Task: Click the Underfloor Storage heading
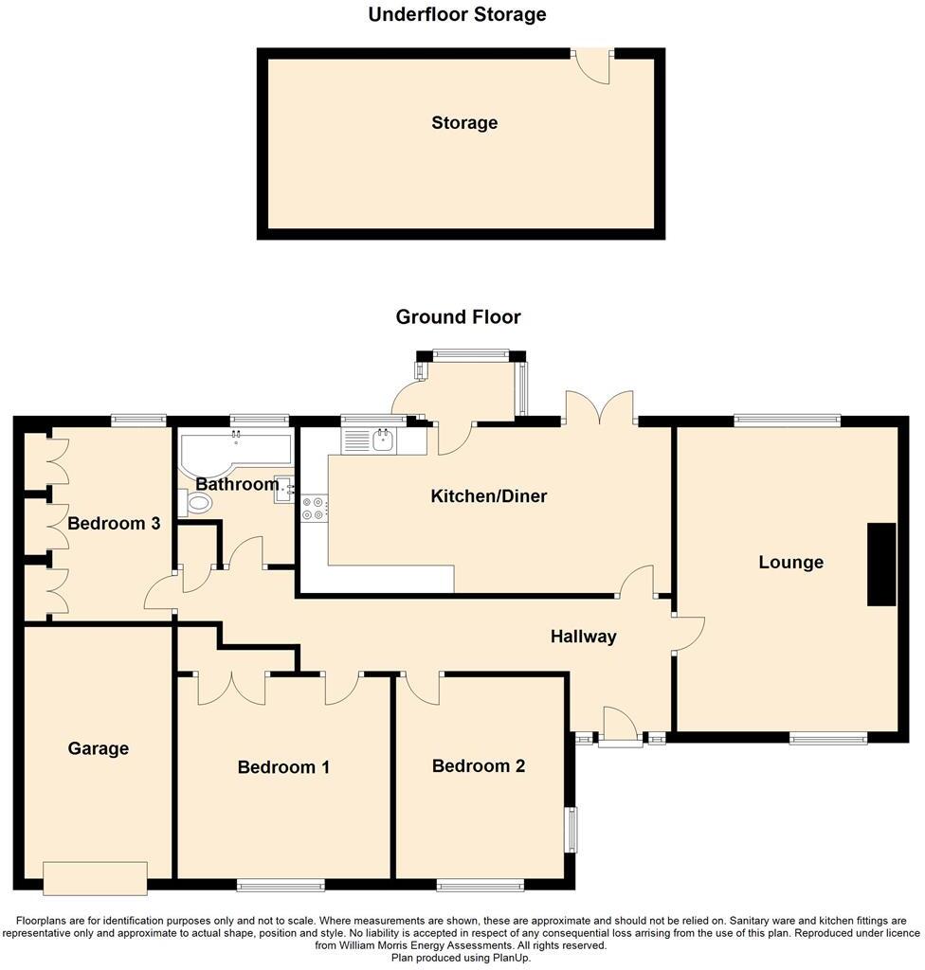point(457,14)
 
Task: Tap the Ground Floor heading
point(458,316)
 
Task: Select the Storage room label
point(463,123)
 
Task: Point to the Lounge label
point(790,562)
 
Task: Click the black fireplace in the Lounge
point(881,564)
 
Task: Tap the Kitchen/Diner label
point(488,495)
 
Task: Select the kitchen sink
point(384,440)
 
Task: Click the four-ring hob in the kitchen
point(314,509)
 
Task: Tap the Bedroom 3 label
point(113,523)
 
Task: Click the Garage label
point(98,748)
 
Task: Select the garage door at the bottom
point(95,878)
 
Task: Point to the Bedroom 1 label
point(283,766)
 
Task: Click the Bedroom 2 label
point(478,765)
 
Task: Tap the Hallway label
point(583,637)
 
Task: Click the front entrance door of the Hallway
point(620,727)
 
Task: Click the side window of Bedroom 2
point(571,829)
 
